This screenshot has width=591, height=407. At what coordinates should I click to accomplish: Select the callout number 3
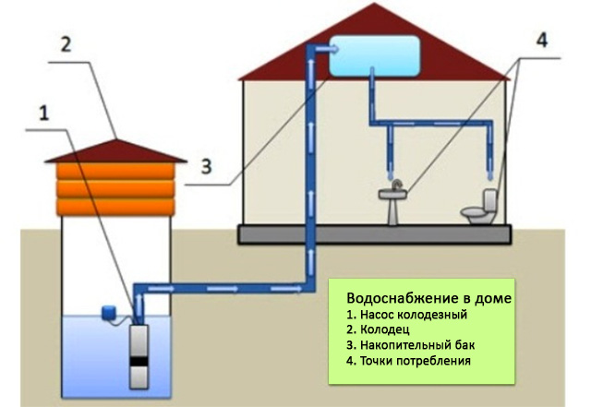[x=207, y=167]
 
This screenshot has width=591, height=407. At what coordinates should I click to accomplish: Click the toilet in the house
[x=482, y=209]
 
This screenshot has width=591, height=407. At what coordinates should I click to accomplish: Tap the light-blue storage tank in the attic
[x=374, y=54]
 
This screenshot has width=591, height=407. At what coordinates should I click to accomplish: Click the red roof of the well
[x=115, y=150]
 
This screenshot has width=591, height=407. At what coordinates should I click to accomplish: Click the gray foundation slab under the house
[x=379, y=234]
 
